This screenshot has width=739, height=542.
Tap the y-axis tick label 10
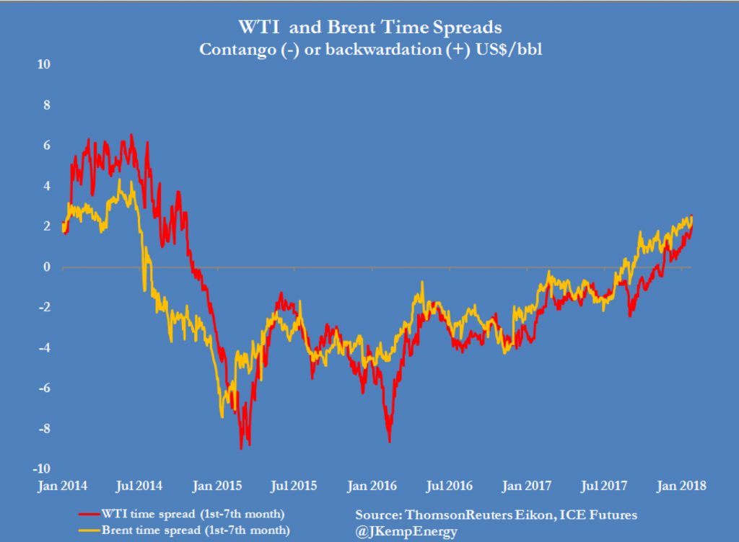[44, 64]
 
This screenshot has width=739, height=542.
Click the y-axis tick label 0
[48, 267]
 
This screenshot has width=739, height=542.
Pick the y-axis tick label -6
[45, 388]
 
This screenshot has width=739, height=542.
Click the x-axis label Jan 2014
[63, 485]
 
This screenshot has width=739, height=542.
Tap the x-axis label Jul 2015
[294, 485]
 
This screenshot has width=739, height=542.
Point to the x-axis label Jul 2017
[603, 485]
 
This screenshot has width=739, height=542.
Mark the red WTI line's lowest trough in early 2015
[241, 448]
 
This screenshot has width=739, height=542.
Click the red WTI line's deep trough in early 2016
[390, 441]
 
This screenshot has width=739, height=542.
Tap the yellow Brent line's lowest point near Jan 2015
[222, 417]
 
